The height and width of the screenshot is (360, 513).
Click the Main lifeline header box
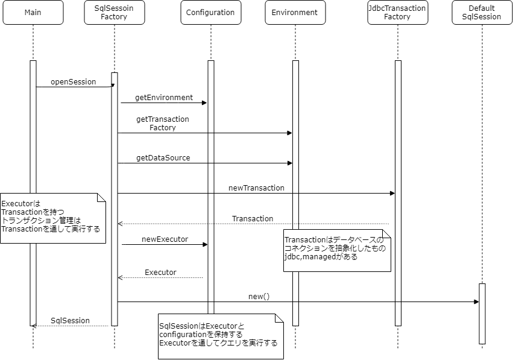pos(33,13)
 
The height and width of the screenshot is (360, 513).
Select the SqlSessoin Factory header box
pos(115,13)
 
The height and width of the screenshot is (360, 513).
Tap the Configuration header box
pos(210,13)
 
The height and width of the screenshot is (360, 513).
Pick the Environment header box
pos(295,13)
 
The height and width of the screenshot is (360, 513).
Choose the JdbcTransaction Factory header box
pos(397,13)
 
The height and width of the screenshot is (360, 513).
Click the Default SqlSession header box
pos(482,13)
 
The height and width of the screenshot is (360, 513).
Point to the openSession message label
pos(73,82)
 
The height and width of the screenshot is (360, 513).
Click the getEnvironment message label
pos(164,97)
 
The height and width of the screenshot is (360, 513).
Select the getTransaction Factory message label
pos(163,124)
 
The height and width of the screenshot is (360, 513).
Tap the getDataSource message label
pos(163,158)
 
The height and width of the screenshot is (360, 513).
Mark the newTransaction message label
pos(256,188)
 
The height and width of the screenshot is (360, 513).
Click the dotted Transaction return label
pos(253,218)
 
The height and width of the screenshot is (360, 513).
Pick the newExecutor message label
pos(165,239)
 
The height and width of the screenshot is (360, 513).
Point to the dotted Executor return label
pos(160,273)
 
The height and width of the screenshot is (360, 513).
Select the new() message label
pos(259,297)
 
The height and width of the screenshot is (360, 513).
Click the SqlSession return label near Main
pos(70,321)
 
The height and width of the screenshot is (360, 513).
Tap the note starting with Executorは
pos(52,218)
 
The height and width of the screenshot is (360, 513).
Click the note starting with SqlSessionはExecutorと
pos(220,335)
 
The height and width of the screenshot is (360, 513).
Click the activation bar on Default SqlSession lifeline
pos(482,314)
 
